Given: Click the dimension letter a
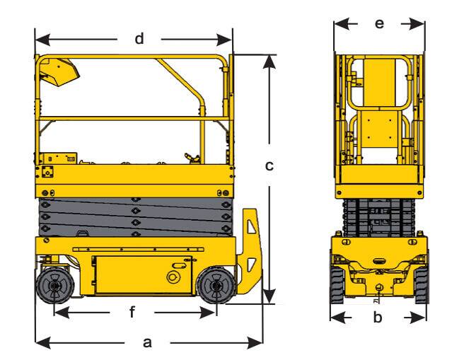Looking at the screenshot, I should pos(147,342).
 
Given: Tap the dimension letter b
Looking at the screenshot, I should pos(378,318).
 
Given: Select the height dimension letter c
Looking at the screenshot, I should pos(269,166).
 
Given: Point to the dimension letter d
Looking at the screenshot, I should pos(139,38).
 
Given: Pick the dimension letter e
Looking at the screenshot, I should pos(379,23).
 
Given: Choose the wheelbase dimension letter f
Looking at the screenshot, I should pos(132,312).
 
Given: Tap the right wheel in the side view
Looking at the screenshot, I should pos(214,286).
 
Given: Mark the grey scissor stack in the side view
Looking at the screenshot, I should pos(134,216).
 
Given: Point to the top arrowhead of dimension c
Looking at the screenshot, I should pos(269,59).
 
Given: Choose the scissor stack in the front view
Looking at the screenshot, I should pos(379,216).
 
